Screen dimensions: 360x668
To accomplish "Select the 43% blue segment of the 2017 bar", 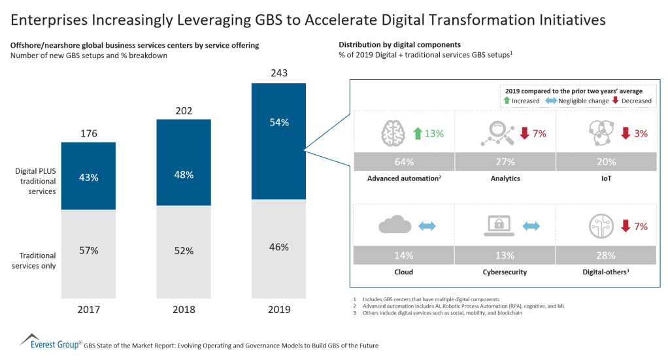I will coord(88,176).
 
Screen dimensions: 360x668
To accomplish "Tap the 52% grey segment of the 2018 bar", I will coord(184,250).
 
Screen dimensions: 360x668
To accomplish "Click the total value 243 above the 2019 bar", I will coord(279,74).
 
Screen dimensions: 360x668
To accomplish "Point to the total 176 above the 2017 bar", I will coord(88,133).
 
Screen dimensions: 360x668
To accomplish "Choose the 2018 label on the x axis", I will coord(184,309).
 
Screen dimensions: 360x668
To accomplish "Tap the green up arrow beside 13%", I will coord(418,133).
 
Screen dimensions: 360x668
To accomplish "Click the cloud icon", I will coord(394,226).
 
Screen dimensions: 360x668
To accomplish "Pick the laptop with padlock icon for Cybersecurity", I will coord(495,226).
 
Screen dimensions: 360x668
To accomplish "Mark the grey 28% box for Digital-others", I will coord(606,255).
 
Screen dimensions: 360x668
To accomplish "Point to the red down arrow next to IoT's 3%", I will coord(625,133).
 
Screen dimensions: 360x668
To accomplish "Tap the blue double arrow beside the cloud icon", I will coord(427,227).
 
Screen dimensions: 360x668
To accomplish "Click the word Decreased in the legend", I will coord(636,101).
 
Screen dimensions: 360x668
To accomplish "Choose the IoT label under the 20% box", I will coord(606,178).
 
